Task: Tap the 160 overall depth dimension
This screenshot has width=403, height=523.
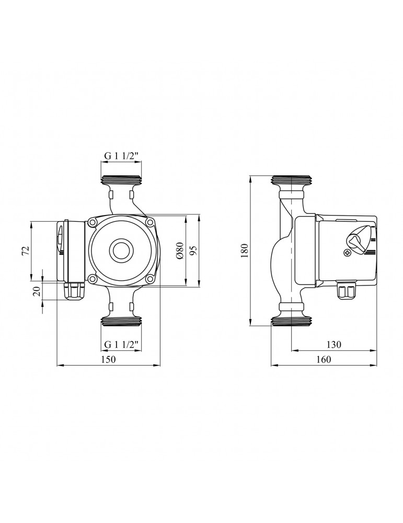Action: point(324,359)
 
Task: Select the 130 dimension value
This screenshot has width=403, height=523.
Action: point(334,344)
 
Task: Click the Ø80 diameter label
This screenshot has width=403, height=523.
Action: point(179,250)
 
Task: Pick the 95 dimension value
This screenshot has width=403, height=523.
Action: point(194,250)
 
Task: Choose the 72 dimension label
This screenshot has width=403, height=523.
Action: point(26,251)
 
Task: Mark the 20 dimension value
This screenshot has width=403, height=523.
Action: point(37,291)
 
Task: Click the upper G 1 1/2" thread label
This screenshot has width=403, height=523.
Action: point(121,156)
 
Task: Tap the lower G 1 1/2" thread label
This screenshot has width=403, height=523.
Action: point(121,344)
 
